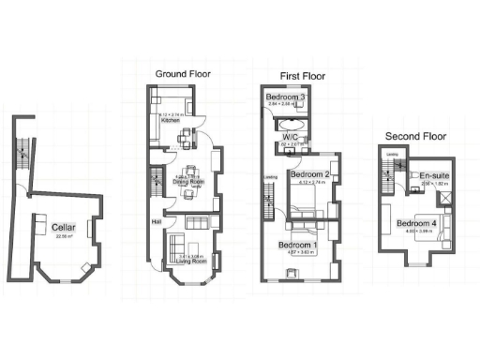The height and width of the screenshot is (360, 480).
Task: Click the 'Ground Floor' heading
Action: click(x=183, y=73)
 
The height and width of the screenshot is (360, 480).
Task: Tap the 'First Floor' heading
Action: click(x=303, y=74)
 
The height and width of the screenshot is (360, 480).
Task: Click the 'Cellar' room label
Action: click(x=64, y=227)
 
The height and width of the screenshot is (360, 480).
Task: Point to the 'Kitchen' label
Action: click(x=171, y=121)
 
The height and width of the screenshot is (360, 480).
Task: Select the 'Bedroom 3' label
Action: click(x=285, y=97)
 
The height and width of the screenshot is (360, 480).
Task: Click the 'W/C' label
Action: click(x=291, y=137)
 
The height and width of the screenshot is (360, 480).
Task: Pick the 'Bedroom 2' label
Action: click(x=309, y=174)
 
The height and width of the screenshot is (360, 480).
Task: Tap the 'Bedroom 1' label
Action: click(x=298, y=245)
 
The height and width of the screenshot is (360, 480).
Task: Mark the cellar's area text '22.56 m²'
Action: click(x=64, y=236)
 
